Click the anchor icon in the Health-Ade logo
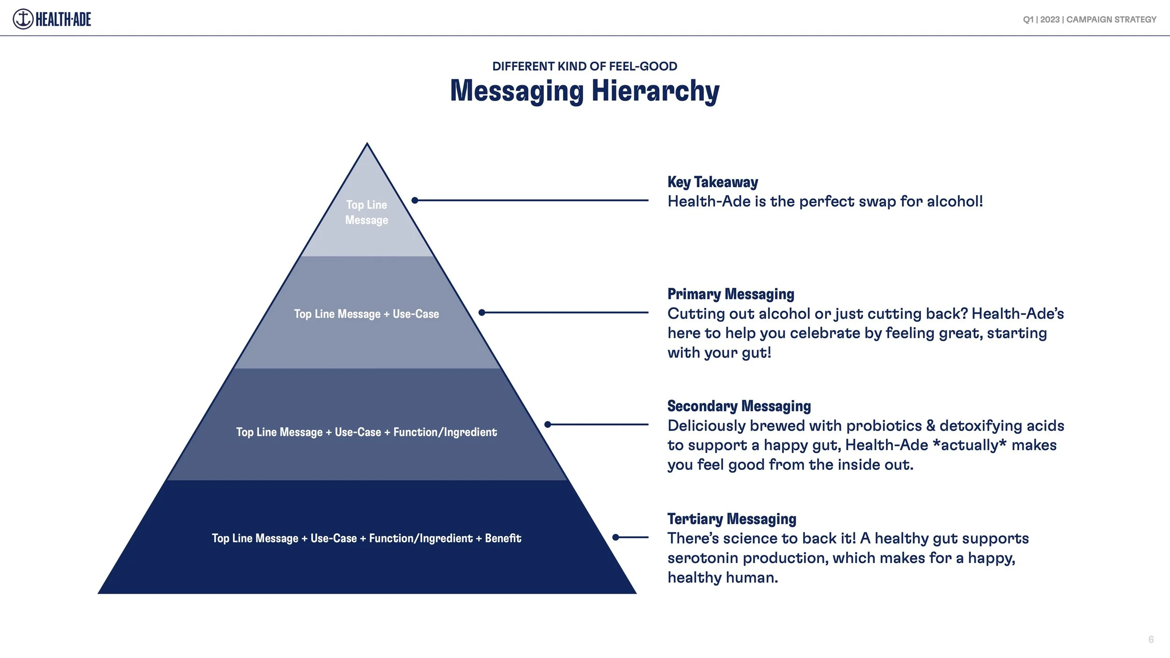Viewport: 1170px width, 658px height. pyautogui.click(x=23, y=19)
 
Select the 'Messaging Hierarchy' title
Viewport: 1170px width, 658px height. pyautogui.click(x=585, y=91)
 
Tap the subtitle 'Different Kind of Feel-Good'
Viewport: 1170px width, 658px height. pyautogui.click(x=585, y=66)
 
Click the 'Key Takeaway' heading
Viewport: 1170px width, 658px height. pyautogui.click(x=712, y=182)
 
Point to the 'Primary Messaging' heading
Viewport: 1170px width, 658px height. pyautogui.click(x=731, y=294)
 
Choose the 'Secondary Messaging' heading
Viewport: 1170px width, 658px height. pyautogui.click(x=739, y=406)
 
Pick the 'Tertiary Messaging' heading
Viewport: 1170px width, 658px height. pyautogui.click(x=731, y=519)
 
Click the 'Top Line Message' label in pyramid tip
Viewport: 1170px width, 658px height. pyautogui.click(x=366, y=212)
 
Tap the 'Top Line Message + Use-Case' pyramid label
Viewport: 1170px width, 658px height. pyautogui.click(x=366, y=314)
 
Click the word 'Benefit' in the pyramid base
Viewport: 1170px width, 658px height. pyautogui.click(x=503, y=538)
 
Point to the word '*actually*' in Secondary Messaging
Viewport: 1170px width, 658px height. pyautogui.click(x=969, y=445)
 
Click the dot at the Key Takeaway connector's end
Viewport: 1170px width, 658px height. pyautogui.click(x=415, y=200)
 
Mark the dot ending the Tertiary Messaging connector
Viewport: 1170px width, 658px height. pyautogui.click(x=616, y=537)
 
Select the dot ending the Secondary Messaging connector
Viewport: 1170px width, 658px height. pyautogui.click(x=548, y=424)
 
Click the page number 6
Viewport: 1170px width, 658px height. pyautogui.click(x=1151, y=639)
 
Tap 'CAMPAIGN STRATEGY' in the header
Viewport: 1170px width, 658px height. pyautogui.click(x=1111, y=20)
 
